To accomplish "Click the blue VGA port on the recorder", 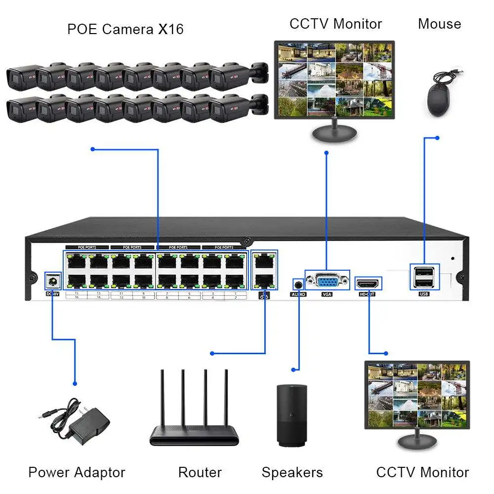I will point(327,282).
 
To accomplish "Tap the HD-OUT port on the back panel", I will point(368,284).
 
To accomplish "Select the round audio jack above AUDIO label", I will point(298,284).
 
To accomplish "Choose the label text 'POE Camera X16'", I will point(125,29).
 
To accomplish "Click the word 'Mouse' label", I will point(439,24).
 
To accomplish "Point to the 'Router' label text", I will point(200,472).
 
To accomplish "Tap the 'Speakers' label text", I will point(292,472).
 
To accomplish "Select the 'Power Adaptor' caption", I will point(77,472).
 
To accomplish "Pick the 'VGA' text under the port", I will point(327,294).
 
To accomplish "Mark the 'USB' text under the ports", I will point(424,294).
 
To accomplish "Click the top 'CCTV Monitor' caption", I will point(335,24).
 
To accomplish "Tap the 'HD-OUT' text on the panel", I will point(368,294).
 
